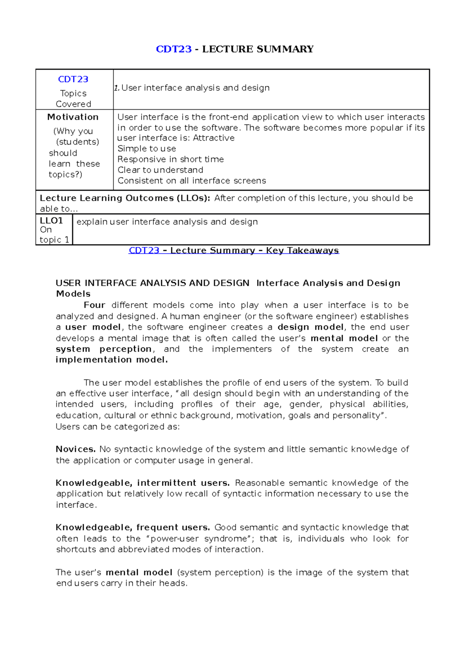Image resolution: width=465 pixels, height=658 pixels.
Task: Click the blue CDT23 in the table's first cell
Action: [73, 79]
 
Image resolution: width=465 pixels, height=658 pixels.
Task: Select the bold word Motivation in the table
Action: [73, 117]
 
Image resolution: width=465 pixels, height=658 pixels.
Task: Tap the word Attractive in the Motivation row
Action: [214, 138]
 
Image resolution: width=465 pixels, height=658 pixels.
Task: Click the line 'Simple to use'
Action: [147, 149]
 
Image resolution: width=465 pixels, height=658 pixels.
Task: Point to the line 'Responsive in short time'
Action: [170, 159]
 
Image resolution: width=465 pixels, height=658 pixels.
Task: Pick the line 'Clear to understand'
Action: [160, 170]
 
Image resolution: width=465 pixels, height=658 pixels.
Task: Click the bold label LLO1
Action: [51, 221]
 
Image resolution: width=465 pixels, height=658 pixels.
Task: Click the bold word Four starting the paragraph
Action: [94, 305]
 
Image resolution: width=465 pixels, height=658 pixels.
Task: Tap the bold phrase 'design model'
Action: [310, 327]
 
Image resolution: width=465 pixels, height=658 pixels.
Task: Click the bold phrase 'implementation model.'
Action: [112, 360]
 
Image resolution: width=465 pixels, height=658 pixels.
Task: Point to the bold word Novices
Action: [76, 449]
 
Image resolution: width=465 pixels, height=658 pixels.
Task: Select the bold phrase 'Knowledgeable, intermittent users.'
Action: [143, 483]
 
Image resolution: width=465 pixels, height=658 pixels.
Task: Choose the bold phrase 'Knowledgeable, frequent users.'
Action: [133, 527]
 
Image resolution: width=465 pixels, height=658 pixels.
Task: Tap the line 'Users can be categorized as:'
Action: [118, 427]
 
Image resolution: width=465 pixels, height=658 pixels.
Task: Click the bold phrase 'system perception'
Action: [103, 349]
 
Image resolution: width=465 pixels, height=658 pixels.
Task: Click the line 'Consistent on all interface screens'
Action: [192, 181]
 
